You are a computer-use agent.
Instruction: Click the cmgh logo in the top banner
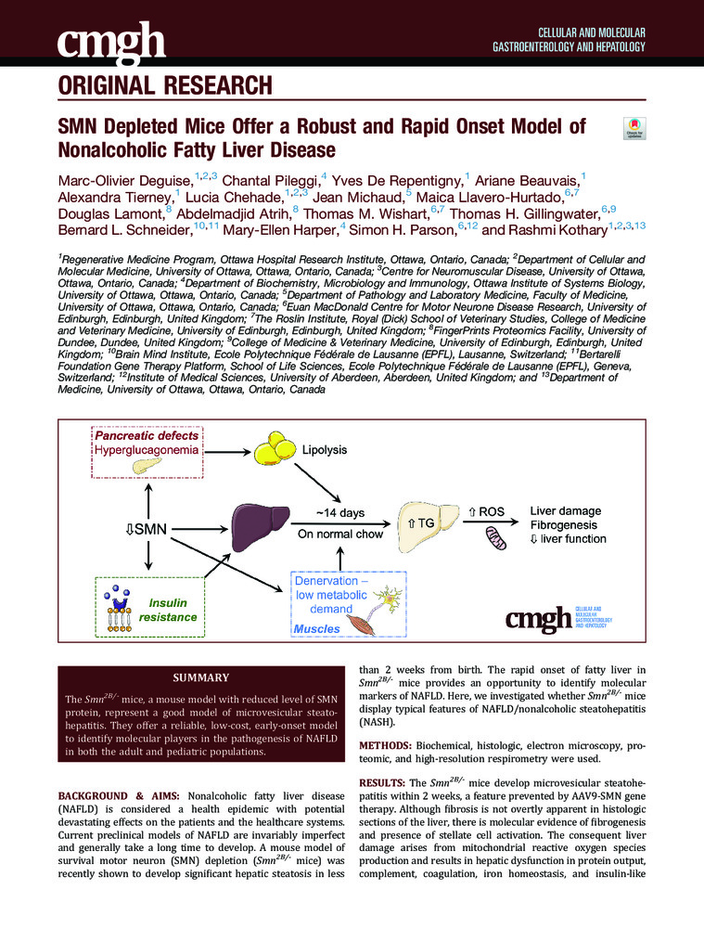(x=111, y=40)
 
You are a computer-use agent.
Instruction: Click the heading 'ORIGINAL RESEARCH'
(x=165, y=87)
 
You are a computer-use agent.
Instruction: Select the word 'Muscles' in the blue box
(x=317, y=629)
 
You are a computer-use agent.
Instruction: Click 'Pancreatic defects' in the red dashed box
(x=145, y=434)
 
